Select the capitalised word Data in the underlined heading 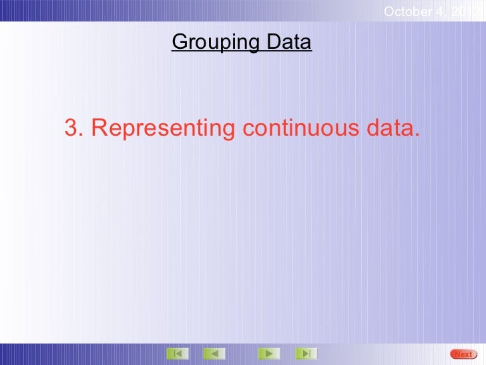pyautogui.click(x=289, y=43)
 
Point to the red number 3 pyautogui.click(x=70, y=127)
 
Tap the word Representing pyautogui.click(x=161, y=128)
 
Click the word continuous pyautogui.click(x=300, y=127)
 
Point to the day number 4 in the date pyautogui.click(x=443, y=11)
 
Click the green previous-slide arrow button pyautogui.click(x=214, y=353)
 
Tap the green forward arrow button pyautogui.click(x=268, y=353)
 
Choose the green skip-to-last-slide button pyautogui.click(x=305, y=353)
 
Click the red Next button pyautogui.click(x=463, y=354)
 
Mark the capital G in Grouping pyautogui.click(x=180, y=43)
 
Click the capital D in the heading pyautogui.click(x=274, y=43)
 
